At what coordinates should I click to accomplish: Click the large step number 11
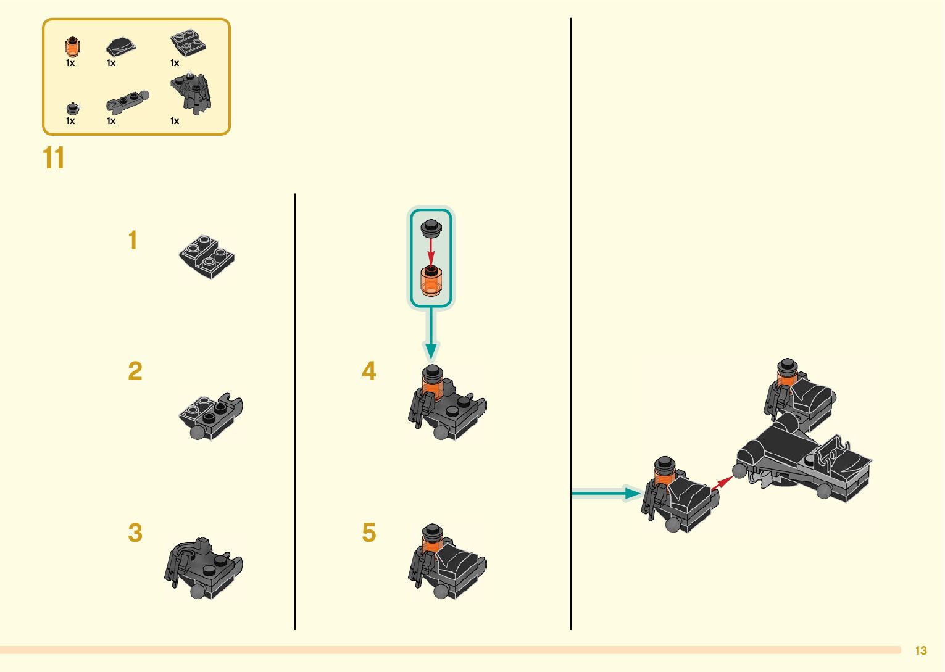(x=54, y=159)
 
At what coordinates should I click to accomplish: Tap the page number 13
(x=921, y=650)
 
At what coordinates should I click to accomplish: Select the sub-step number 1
(x=133, y=241)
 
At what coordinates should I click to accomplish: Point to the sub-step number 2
(x=135, y=371)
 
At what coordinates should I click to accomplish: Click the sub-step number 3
(x=135, y=533)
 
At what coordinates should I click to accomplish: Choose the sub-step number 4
(x=368, y=371)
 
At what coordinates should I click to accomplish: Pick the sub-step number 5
(x=368, y=533)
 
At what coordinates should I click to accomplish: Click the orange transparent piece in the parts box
(x=72, y=46)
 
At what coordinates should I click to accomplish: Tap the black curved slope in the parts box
(x=120, y=46)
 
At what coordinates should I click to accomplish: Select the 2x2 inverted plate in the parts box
(x=188, y=43)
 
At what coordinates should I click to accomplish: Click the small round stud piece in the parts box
(x=72, y=109)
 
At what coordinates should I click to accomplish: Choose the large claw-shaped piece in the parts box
(x=193, y=94)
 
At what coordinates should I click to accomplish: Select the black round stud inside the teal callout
(x=431, y=227)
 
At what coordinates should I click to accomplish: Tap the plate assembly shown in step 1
(x=207, y=257)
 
